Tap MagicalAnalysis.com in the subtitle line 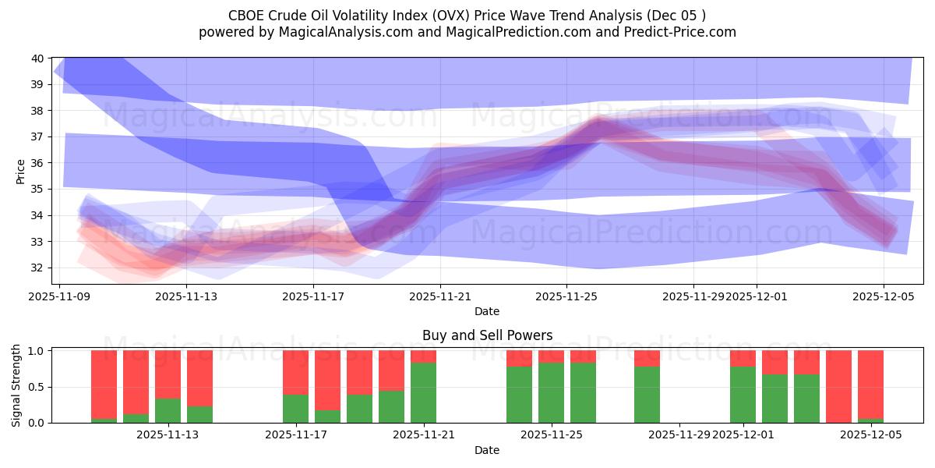pyautogui.click(x=348, y=32)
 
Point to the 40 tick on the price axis pyautogui.click(x=37, y=58)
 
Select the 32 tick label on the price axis pyautogui.click(x=37, y=268)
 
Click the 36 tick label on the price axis pyautogui.click(x=37, y=163)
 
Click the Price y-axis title pyautogui.click(x=21, y=171)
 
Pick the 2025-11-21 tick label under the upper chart pyautogui.click(x=439, y=296)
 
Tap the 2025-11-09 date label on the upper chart pyautogui.click(x=60, y=296)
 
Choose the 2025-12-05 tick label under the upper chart pyautogui.click(x=883, y=296)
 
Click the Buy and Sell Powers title pyautogui.click(x=487, y=335)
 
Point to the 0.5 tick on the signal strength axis pyautogui.click(x=37, y=387)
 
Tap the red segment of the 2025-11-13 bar pyautogui.click(x=168, y=374)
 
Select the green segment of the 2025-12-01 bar pyautogui.click(x=743, y=394)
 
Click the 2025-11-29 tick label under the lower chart pyautogui.click(x=679, y=434)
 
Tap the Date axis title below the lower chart pyautogui.click(x=487, y=450)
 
